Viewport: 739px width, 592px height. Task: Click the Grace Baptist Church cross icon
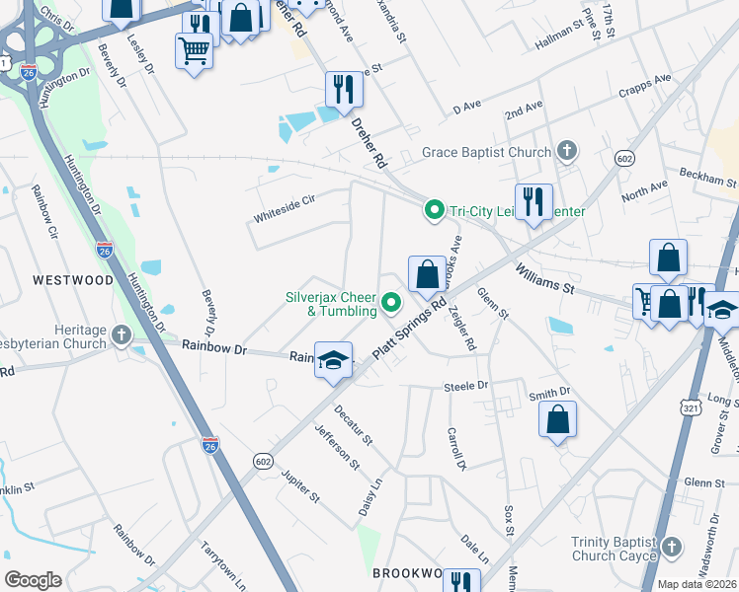(566, 152)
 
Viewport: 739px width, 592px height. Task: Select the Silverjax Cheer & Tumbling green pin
(391, 303)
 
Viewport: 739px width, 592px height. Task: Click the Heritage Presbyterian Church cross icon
(122, 335)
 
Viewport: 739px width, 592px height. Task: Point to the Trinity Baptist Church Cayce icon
(672, 547)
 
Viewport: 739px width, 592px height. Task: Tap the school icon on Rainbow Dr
(334, 360)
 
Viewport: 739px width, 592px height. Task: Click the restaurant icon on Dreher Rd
(344, 90)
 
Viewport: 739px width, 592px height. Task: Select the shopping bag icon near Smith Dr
(558, 419)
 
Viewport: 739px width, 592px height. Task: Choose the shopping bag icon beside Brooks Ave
(427, 274)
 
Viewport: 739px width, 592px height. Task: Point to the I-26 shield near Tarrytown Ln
(209, 446)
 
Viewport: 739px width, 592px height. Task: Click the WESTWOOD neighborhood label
(73, 280)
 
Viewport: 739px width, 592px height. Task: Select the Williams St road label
(542, 275)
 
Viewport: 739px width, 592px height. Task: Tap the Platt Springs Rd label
(410, 329)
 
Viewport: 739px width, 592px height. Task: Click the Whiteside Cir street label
(284, 200)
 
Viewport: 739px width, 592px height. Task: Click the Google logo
(33, 580)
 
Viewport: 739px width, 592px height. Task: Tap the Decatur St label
(353, 422)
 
